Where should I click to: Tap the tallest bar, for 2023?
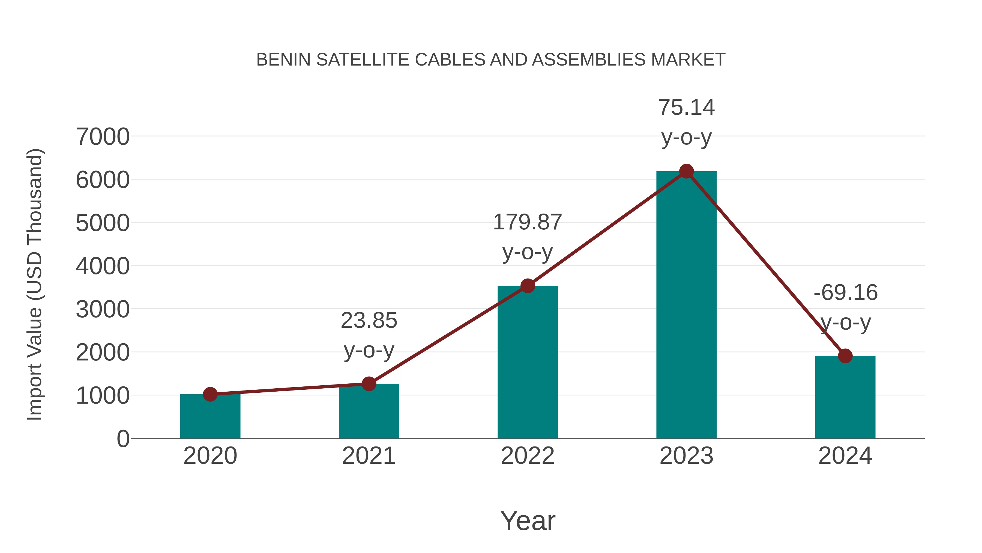(686, 305)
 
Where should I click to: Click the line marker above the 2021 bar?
(369, 384)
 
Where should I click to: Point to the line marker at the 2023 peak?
(686, 171)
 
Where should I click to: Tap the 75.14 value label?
(686, 108)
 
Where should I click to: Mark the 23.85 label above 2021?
(369, 321)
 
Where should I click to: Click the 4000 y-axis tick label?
(103, 266)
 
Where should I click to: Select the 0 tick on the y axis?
(123, 439)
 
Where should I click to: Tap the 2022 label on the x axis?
(528, 456)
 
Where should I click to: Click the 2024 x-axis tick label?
(845, 456)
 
